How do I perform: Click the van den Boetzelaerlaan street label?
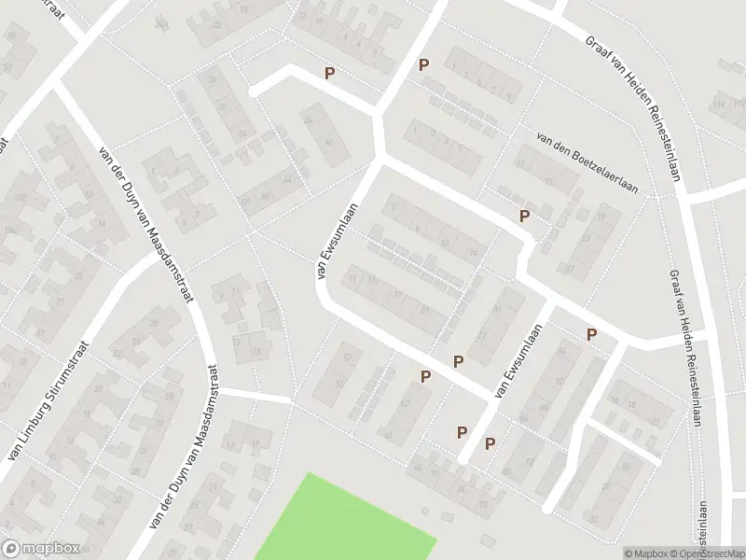587,161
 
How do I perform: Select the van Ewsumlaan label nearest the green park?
518,362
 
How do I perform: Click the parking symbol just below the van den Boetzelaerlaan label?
524,216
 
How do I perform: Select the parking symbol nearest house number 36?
328,72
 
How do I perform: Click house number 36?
308,119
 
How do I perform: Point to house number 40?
329,140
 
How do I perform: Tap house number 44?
285,179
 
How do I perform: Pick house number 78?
483,505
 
